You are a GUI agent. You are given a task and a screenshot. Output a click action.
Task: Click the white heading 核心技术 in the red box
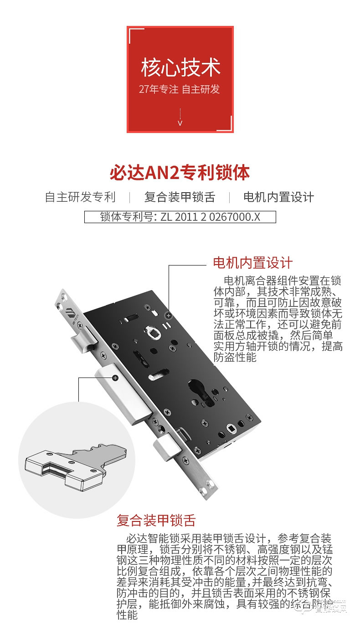click(x=180, y=66)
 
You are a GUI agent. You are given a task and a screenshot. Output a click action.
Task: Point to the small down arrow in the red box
click(x=180, y=123)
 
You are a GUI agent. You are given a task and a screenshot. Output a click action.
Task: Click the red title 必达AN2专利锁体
click(x=180, y=173)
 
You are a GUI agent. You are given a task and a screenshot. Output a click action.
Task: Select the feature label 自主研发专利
click(x=80, y=197)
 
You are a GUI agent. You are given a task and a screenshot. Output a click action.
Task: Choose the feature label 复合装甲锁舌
click(x=180, y=197)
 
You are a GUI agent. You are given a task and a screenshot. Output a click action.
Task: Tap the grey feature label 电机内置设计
click(x=278, y=197)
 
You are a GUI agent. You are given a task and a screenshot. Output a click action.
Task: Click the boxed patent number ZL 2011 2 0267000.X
click(x=180, y=216)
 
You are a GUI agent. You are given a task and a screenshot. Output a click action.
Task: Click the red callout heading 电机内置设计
click(x=252, y=263)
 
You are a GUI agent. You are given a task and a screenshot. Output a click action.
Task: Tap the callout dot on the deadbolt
click(x=115, y=378)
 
